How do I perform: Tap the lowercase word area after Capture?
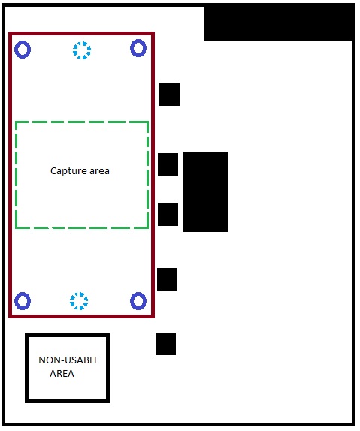tap(99, 171)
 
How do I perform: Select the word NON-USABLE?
tap(69, 360)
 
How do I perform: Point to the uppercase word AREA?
tap(62, 373)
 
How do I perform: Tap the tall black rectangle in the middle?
tap(206, 192)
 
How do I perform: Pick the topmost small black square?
tap(170, 95)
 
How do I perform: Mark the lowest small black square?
tap(165, 344)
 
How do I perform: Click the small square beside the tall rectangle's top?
tap(168, 164)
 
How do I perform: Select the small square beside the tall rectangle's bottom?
tap(168, 215)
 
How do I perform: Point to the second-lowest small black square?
tap(167, 279)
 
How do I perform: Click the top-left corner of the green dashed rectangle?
tap(17, 122)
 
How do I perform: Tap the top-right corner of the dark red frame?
tap(153, 34)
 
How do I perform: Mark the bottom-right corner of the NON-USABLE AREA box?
tap(108, 401)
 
